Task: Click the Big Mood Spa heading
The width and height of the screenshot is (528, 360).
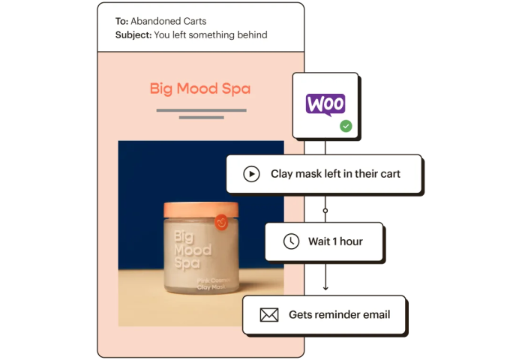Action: click(200, 89)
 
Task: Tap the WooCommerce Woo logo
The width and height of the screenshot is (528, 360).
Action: click(325, 103)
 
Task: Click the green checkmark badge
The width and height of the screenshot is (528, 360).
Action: click(345, 126)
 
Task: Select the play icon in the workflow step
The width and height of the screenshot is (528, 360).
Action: click(251, 174)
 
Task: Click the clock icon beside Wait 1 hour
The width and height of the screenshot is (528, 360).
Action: click(290, 241)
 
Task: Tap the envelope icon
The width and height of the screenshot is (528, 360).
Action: click(268, 315)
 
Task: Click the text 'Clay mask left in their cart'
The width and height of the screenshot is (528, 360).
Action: click(335, 174)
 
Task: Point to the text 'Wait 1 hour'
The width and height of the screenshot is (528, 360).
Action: click(335, 241)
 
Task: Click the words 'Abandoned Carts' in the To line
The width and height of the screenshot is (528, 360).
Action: click(168, 21)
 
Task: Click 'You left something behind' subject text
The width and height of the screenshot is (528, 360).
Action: click(211, 34)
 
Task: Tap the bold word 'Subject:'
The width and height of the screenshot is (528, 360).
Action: click(133, 34)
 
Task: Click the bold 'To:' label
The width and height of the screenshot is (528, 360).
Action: click(121, 21)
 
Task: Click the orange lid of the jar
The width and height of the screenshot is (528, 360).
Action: click(200, 210)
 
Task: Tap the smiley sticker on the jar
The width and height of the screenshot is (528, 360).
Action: click(220, 223)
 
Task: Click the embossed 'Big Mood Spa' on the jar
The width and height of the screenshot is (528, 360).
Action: click(192, 250)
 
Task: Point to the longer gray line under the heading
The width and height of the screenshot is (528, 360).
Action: click(201, 110)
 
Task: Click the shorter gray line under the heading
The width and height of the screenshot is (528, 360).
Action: click(201, 118)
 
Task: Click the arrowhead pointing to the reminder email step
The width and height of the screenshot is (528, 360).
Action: click(325, 289)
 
